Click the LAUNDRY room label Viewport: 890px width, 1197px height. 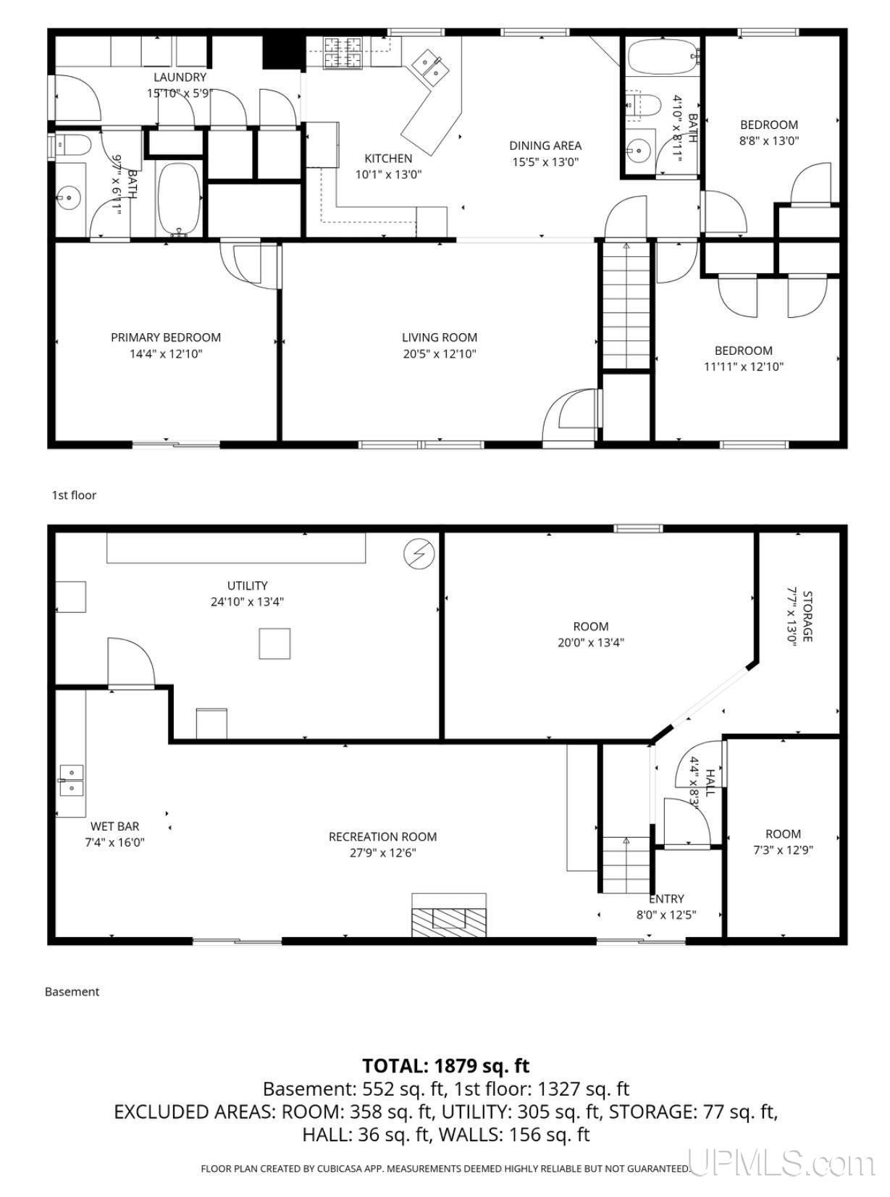point(180,77)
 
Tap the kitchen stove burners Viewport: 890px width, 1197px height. point(343,52)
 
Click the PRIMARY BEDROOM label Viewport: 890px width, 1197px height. point(166,337)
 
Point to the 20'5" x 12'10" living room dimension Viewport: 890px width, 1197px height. point(440,354)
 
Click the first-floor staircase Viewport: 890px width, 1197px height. point(626,306)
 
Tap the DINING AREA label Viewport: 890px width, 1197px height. point(545,145)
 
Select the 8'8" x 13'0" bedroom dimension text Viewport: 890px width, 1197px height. point(768,141)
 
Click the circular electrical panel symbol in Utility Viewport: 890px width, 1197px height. point(419,554)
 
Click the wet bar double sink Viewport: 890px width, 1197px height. point(71,781)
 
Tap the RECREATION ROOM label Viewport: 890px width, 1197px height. point(382,836)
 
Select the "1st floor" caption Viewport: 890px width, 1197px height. point(74,495)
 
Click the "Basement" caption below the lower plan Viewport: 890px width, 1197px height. point(72,991)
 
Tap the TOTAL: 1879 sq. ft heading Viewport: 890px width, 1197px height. point(445,1066)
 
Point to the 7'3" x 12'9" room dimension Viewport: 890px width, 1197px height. point(783,851)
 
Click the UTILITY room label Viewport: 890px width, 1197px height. point(247,586)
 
